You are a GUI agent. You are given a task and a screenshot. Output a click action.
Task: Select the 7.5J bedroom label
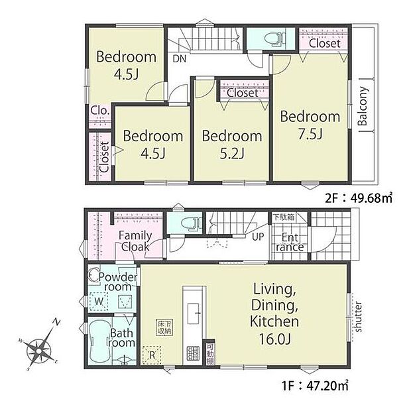[310, 125]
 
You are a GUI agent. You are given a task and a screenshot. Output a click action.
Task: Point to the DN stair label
[179, 58]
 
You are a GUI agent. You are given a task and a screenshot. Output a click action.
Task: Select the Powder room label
[120, 282]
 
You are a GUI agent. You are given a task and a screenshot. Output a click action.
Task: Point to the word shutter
[358, 317]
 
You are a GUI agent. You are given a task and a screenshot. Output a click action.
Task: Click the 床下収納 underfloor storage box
[164, 326]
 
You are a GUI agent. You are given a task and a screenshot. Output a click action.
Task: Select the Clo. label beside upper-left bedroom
[100, 110]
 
